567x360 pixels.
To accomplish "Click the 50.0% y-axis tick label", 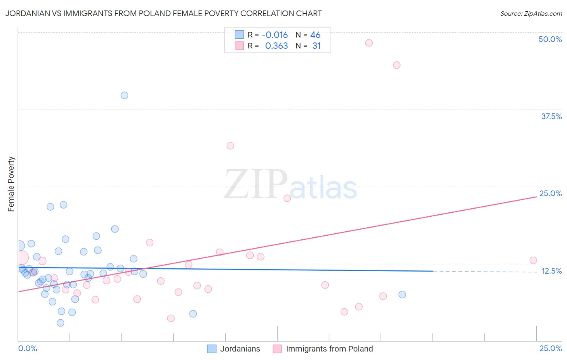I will click(x=550, y=39).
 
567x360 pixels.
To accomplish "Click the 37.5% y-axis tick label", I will click(x=551, y=116).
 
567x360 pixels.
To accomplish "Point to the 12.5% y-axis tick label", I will click(x=551, y=271).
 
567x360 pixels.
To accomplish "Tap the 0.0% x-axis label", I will click(x=27, y=348).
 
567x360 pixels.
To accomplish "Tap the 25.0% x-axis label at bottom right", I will click(x=550, y=348).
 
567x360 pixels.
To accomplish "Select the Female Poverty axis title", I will click(x=11, y=184).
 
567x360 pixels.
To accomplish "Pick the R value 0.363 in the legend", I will click(x=276, y=46).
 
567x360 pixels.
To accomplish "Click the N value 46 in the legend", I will click(x=315, y=35).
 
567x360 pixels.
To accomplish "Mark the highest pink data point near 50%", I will click(x=369, y=43).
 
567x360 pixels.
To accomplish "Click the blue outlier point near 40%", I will click(x=125, y=95).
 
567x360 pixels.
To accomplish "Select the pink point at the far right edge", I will click(x=533, y=260).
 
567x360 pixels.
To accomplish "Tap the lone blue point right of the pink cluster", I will click(x=402, y=295).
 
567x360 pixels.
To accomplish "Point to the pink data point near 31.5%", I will click(x=230, y=146).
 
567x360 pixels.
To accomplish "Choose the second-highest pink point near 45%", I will click(x=396, y=65).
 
